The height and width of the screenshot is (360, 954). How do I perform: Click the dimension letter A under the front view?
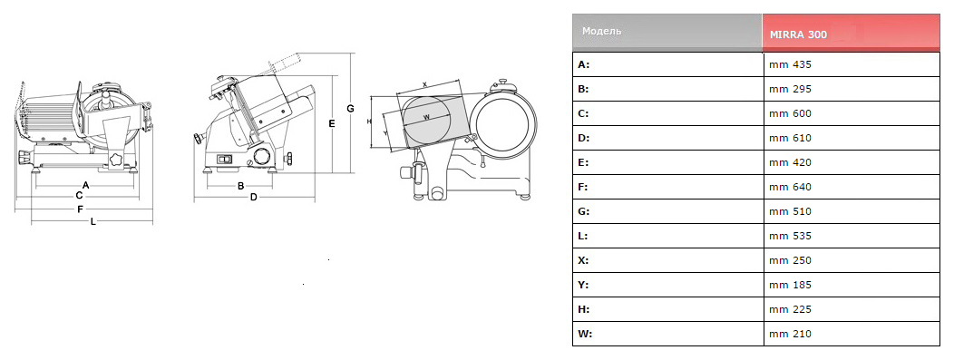[86, 184]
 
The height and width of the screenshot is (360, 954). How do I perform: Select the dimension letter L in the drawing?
[93, 222]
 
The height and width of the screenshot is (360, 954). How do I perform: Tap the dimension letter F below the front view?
[80, 209]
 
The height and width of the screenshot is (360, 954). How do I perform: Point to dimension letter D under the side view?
[254, 197]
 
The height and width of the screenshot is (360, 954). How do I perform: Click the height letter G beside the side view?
[350, 108]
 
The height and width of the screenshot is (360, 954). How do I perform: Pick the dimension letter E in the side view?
[332, 123]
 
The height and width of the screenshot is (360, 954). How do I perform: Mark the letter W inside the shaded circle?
[426, 116]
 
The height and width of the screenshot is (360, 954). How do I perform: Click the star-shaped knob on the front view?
[115, 160]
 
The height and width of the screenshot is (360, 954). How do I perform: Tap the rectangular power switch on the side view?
[224, 160]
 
